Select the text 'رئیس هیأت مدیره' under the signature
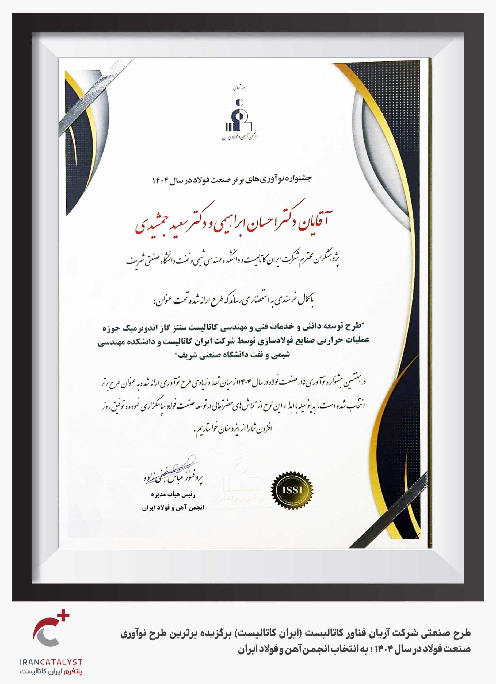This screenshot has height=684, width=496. pyautogui.click(x=173, y=495)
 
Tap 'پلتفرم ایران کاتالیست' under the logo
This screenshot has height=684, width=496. pyautogui.click(x=51, y=672)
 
